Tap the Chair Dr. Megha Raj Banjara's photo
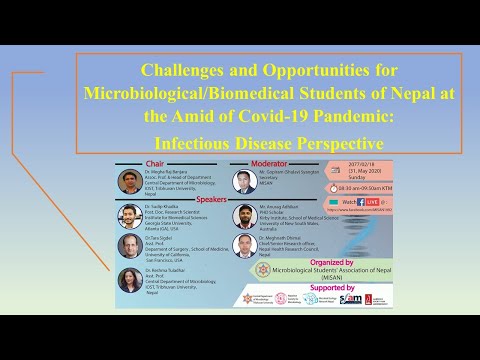click(x=127, y=181)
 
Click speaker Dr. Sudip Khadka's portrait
click(x=127, y=215)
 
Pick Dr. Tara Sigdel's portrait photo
click(x=127, y=246)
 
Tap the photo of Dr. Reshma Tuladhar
click(x=127, y=279)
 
